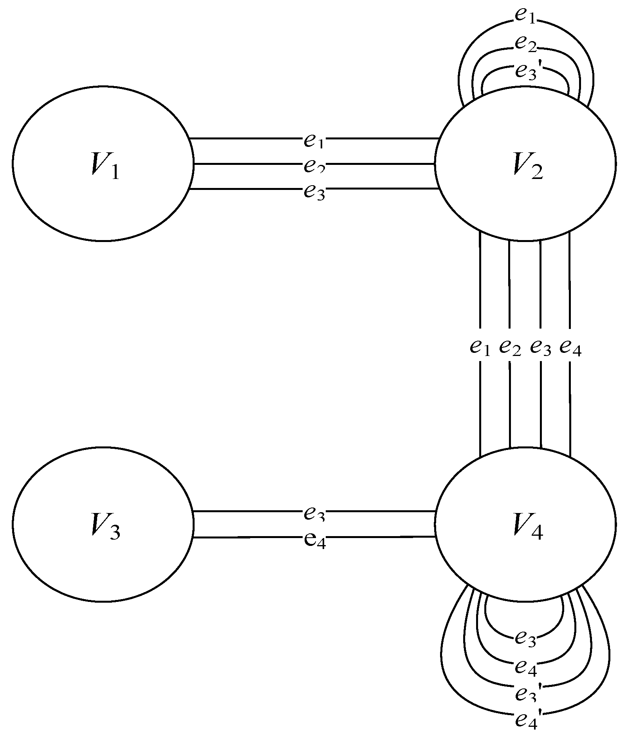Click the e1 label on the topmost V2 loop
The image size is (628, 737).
click(525, 16)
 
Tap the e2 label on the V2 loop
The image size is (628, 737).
click(525, 43)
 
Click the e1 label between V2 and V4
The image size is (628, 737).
click(480, 347)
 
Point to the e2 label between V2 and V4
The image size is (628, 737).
click(510, 347)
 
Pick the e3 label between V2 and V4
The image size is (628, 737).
click(541, 347)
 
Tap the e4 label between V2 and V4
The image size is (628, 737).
click(570, 347)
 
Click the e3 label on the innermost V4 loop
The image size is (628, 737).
click(525, 638)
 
